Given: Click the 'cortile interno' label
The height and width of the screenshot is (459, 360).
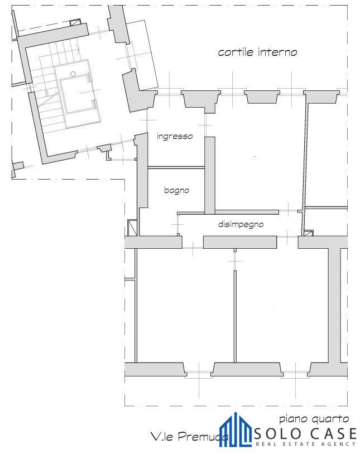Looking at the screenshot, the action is coord(257,52).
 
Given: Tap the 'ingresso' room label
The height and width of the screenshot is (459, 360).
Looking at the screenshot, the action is coord(175,136).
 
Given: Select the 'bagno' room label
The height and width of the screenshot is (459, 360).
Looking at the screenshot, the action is coord(176,190).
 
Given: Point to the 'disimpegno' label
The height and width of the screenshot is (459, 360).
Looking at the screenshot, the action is coord(241,224).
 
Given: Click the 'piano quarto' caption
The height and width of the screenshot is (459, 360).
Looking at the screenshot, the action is coord(314,419).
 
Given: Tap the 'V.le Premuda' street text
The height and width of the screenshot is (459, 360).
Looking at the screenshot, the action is coord(190,437).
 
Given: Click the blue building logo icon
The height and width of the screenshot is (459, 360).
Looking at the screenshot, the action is coord(236,430).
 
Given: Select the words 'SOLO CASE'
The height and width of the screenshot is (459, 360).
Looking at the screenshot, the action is coord(305,434).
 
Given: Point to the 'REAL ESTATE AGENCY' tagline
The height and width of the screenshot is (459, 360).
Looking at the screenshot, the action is coord(306,444).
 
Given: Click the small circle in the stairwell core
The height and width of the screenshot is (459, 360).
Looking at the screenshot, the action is coord(73,74).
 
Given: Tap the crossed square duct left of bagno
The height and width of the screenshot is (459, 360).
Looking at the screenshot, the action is coord(132,228).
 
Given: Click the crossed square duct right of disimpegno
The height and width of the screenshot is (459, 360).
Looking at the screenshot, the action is coord(309,233).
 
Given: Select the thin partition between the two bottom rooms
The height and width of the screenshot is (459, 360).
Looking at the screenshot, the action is coord(235,316).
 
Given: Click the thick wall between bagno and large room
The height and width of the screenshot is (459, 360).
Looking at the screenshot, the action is coord(210,176).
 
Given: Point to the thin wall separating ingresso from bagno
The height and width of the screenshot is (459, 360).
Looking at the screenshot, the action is coord(176,168).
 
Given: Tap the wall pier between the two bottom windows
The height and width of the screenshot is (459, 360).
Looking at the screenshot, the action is coord(247,369).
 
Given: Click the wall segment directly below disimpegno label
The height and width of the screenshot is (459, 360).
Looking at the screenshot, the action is coord(240,243).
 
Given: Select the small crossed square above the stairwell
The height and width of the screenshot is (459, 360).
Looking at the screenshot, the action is coord(76,22).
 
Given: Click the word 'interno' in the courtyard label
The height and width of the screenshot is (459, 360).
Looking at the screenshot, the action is coord(278,52).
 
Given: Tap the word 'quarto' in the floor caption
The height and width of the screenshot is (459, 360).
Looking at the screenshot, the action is coord(330,419).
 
